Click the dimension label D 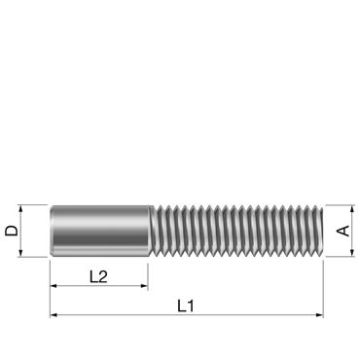tap(11, 231)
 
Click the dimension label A tap(342, 231)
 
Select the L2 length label tap(98, 277)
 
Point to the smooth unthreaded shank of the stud tap(98, 231)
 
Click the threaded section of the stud tap(234, 231)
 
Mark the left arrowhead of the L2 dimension tap(54, 287)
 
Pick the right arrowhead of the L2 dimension tap(143, 287)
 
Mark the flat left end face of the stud tap(52, 231)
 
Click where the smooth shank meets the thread tap(148, 231)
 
